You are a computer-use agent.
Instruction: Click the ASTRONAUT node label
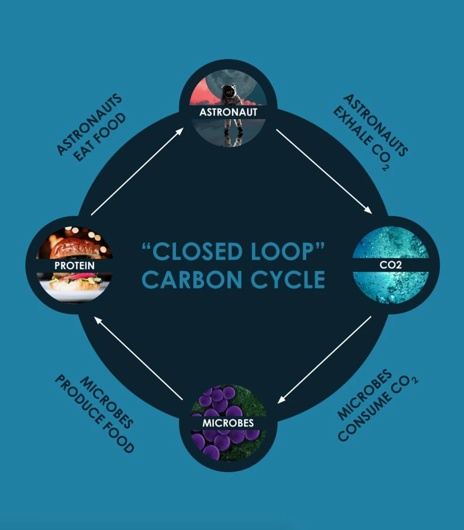[x=228, y=112]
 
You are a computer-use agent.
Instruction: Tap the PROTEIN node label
[x=74, y=265]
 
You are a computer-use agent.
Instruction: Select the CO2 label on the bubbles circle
[x=391, y=265]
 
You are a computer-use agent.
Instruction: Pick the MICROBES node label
[x=228, y=423]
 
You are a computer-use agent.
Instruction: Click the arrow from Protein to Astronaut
[x=137, y=171]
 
